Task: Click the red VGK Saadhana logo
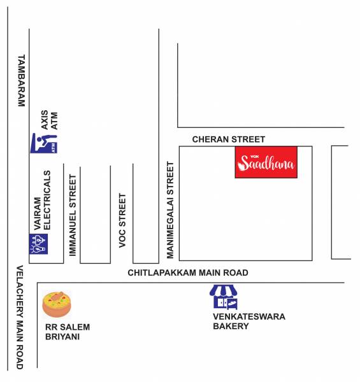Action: pos(266,162)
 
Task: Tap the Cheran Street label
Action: pos(229,139)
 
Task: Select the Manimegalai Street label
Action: pos(170,210)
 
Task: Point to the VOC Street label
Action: pos(122,220)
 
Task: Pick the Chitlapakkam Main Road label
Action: pos(188,272)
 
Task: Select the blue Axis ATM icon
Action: pos(44,144)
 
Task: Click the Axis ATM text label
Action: pos(49,120)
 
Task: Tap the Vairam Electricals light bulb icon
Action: pos(39,243)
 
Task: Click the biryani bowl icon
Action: pos(57,304)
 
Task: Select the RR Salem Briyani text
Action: pos(67,332)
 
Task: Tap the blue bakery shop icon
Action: pos(224,296)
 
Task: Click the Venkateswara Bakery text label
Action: pos(249,322)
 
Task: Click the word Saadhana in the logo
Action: pos(267,166)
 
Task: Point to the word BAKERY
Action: pos(231,327)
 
